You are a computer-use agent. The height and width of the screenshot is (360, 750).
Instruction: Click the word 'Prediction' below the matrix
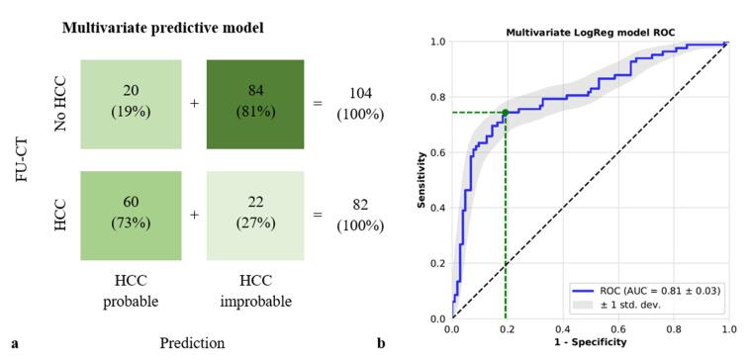pos(192,343)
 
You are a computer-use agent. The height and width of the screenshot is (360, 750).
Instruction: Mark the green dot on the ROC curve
pos(505,113)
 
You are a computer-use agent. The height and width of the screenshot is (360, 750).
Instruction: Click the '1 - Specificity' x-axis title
pos(590,343)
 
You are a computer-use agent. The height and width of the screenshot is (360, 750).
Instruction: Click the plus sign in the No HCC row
pos(195,104)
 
